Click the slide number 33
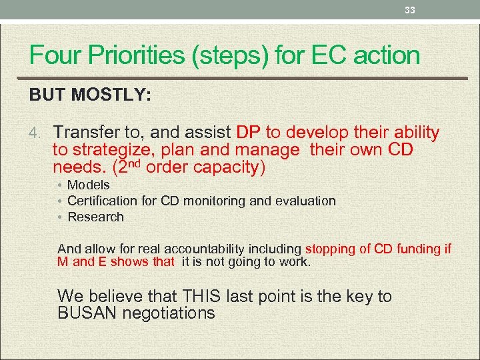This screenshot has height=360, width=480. [410, 10]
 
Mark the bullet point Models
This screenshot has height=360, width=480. [89, 185]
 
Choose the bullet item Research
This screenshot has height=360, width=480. [95, 217]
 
